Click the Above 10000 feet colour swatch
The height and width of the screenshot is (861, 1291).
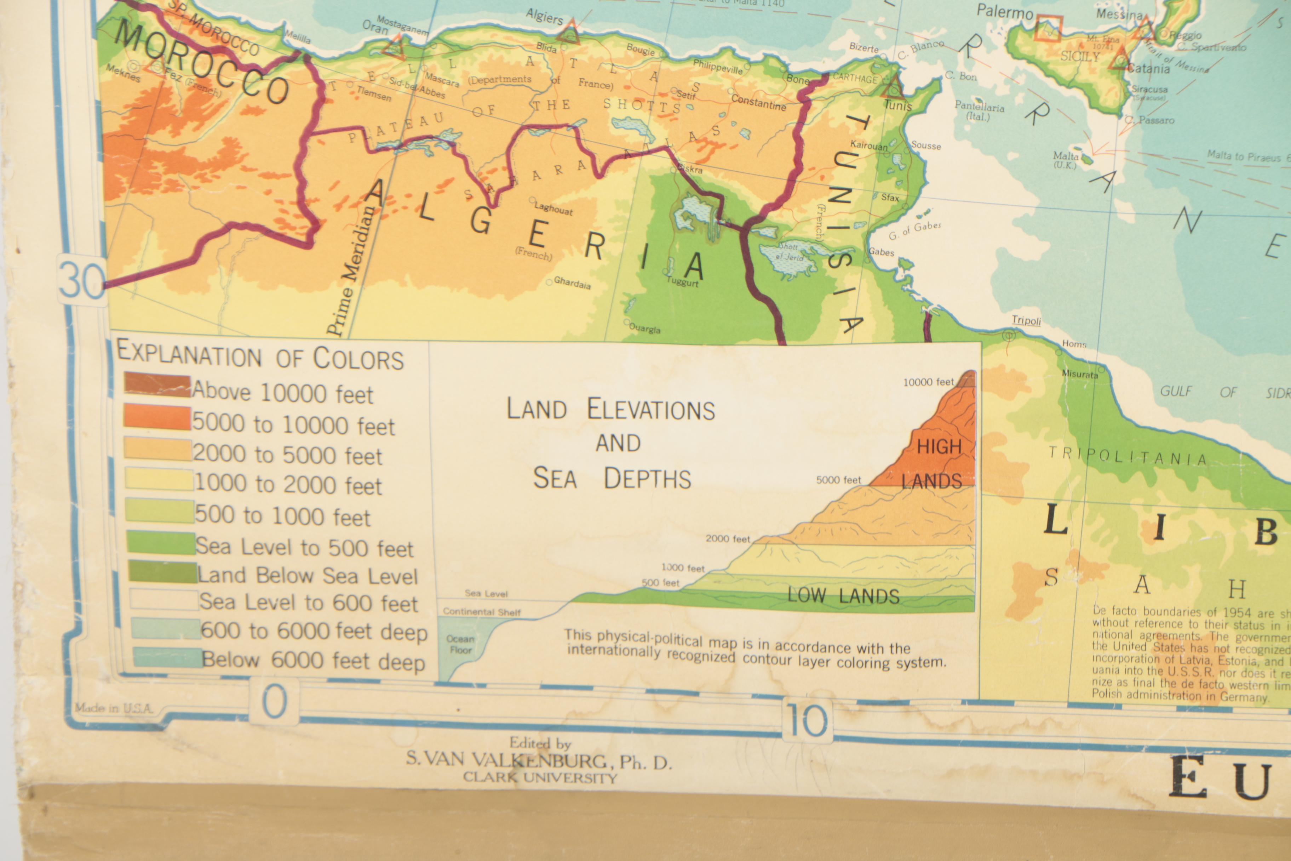pos(157,384)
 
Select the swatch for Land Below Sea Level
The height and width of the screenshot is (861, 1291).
pos(162,572)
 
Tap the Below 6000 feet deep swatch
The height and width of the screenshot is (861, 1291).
pos(167,657)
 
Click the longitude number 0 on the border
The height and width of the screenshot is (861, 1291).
pos(274,702)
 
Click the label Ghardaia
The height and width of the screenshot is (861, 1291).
pos(572,283)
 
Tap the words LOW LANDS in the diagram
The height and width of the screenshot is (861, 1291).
pos(843,596)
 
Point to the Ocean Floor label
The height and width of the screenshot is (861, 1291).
pos(460,644)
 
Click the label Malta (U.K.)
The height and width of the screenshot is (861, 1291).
pos(1066,160)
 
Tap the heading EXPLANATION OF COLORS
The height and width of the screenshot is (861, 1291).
pos(260,357)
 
